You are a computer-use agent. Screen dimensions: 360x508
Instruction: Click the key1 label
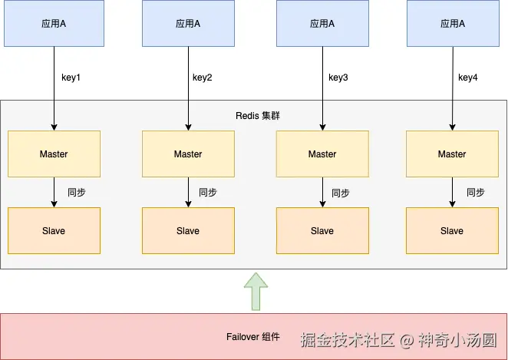click(x=71, y=78)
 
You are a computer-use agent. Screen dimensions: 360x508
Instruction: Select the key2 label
click(x=203, y=78)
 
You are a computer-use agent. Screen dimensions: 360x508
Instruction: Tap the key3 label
click(x=338, y=78)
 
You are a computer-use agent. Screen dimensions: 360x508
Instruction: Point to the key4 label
click(x=468, y=78)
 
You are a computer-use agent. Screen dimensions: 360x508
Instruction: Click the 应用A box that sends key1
click(x=53, y=24)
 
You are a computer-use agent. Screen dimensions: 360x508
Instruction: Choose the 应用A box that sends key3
click(x=322, y=24)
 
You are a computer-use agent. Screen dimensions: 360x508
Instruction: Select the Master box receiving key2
click(x=188, y=154)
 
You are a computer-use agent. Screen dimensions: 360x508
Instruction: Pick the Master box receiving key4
click(x=452, y=154)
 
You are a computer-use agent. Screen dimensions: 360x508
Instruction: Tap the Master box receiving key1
click(x=54, y=154)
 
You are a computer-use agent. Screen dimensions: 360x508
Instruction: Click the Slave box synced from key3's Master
click(x=322, y=231)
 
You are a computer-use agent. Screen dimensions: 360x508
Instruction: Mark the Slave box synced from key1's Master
click(x=54, y=231)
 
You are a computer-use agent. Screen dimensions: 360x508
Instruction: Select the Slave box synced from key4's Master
click(x=452, y=231)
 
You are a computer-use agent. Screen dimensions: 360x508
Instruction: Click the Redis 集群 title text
click(x=257, y=116)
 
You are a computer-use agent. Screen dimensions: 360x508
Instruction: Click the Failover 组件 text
click(x=253, y=337)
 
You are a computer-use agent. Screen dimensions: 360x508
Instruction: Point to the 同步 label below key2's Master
click(x=208, y=193)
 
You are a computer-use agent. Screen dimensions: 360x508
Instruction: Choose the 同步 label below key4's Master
click(x=476, y=193)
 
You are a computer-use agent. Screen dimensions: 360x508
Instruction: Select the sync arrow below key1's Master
click(x=54, y=192)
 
